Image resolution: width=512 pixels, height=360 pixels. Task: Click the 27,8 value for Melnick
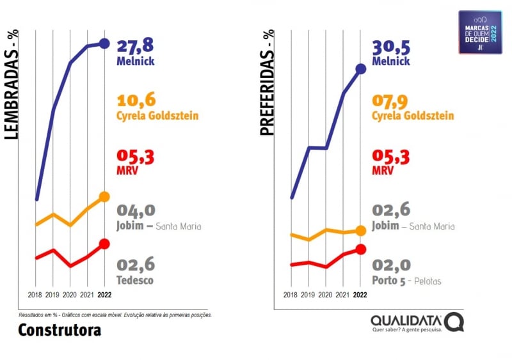click(x=136, y=46)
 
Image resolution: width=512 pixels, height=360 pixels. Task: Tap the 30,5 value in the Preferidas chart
click(x=391, y=46)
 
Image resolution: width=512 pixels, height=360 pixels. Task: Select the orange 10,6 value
click(x=136, y=100)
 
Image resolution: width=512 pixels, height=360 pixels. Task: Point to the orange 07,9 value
click(x=391, y=100)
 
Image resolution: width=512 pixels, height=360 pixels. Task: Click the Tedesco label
click(x=135, y=280)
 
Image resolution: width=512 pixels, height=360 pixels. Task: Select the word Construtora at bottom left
click(x=60, y=330)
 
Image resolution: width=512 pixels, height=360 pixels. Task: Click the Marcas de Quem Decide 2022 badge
click(x=480, y=32)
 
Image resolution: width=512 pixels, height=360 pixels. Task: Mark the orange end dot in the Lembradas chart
click(x=104, y=197)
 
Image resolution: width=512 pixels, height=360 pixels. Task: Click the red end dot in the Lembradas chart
click(x=104, y=244)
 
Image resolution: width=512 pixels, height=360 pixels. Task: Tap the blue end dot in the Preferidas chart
click(x=360, y=68)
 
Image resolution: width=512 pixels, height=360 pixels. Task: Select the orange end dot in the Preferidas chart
click(x=360, y=230)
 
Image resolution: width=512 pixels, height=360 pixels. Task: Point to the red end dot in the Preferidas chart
click(x=360, y=249)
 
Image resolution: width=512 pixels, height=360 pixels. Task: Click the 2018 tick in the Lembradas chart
click(x=35, y=295)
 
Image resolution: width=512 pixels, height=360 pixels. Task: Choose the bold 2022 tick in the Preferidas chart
click(x=360, y=295)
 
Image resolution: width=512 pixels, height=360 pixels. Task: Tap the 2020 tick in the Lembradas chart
click(x=70, y=295)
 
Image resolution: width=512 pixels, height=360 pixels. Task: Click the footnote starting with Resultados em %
click(x=115, y=315)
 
